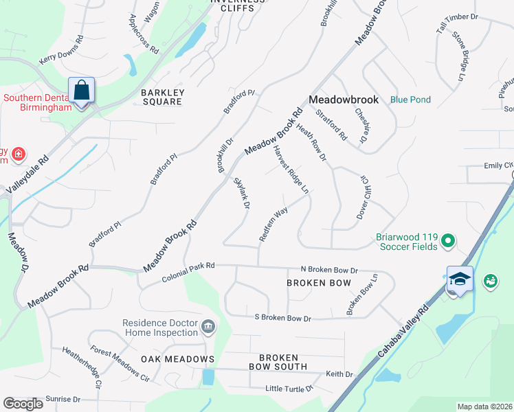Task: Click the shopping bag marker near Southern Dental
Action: point(81,91)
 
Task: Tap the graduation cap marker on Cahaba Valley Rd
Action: point(460,279)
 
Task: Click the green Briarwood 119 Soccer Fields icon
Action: point(448,240)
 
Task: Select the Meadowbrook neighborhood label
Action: point(344,100)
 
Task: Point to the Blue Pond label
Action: point(410,100)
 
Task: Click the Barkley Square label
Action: point(162,97)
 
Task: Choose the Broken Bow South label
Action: point(278,362)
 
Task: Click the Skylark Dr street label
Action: point(241,193)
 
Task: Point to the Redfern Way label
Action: point(273,224)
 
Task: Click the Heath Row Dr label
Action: point(310,143)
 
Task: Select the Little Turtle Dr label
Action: point(289,389)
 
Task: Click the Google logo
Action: point(23,404)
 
